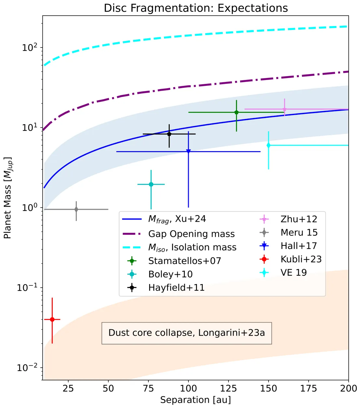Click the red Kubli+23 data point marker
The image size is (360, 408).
pyautogui.click(x=52, y=320)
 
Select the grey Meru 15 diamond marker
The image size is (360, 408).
pyautogui.click(x=76, y=209)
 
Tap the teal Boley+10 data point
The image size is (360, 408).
pyautogui.click(x=151, y=184)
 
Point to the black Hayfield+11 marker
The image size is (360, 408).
pyautogui.click(x=169, y=134)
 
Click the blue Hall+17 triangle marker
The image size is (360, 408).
pyautogui.click(x=188, y=151)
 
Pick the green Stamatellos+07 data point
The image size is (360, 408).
pyautogui.click(x=236, y=112)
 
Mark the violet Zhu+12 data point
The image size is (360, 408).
pyautogui.click(x=284, y=109)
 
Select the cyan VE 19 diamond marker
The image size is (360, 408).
pyautogui.click(x=269, y=145)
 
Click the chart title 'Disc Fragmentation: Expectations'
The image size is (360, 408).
pyautogui.click(x=196, y=8)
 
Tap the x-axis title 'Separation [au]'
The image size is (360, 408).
pyautogui.click(x=195, y=400)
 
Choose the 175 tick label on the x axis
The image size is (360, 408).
pyautogui.click(x=309, y=388)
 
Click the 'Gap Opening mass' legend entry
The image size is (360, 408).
pyautogui.click(x=191, y=234)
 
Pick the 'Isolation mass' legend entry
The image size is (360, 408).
pyautogui.click(x=192, y=247)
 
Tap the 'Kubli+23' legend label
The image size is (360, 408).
pyautogui.click(x=301, y=259)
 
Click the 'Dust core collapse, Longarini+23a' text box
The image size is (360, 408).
pyautogui.click(x=187, y=333)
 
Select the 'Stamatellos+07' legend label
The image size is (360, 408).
pyautogui.click(x=185, y=261)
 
